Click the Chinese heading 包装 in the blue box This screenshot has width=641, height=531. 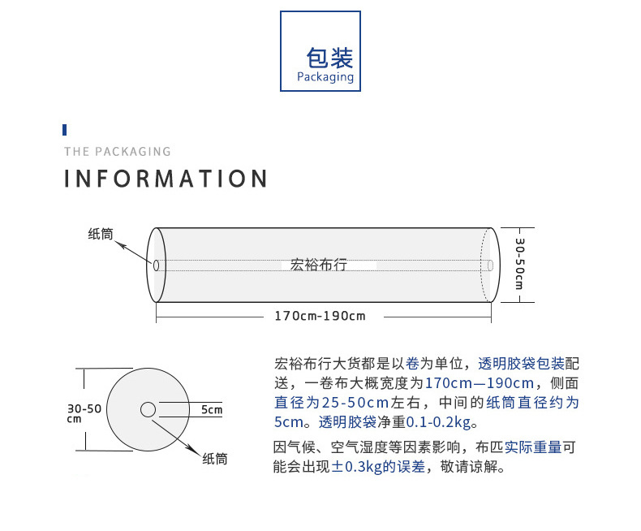(x=329, y=58)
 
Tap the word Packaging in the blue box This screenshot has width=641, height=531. (x=325, y=77)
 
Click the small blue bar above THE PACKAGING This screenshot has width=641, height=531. (x=65, y=130)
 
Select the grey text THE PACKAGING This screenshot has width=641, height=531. (x=118, y=152)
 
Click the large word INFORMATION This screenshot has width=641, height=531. (x=166, y=179)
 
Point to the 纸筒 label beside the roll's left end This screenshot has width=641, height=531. (x=101, y=234)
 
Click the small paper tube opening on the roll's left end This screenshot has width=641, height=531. (x=156, y=265)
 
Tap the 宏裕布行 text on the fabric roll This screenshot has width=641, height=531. (x=318, y=265)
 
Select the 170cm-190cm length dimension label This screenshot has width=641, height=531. (x=320, y=316)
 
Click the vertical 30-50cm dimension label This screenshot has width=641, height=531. (x=519, y=264)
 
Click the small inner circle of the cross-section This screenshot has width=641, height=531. (x=148, y=409)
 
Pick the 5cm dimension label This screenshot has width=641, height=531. (x=212, y=409)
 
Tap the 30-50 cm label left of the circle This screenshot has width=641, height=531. (x=84, y=412)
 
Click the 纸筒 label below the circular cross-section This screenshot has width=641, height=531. (x=215, y=459)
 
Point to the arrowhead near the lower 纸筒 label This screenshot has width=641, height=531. (x=195, y=449)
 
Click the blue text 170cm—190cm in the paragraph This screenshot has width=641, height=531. (x=480, y=383)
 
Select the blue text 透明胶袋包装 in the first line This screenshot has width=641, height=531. (x=521, y=363)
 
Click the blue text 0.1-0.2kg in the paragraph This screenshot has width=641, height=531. (x=439, y=421)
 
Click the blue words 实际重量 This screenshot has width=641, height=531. (x=533, y=447)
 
